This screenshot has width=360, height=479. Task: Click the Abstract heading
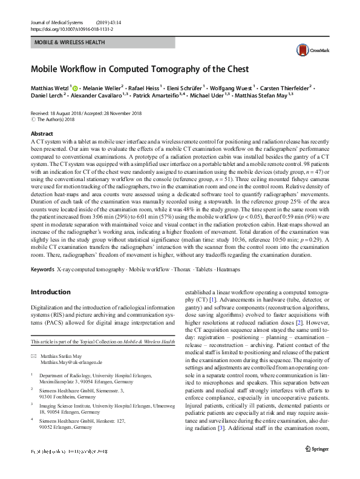[x=42, y=134]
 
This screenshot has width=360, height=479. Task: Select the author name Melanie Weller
[x=103, y=87]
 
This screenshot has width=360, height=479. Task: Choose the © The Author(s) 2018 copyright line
[x=59, y=120]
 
